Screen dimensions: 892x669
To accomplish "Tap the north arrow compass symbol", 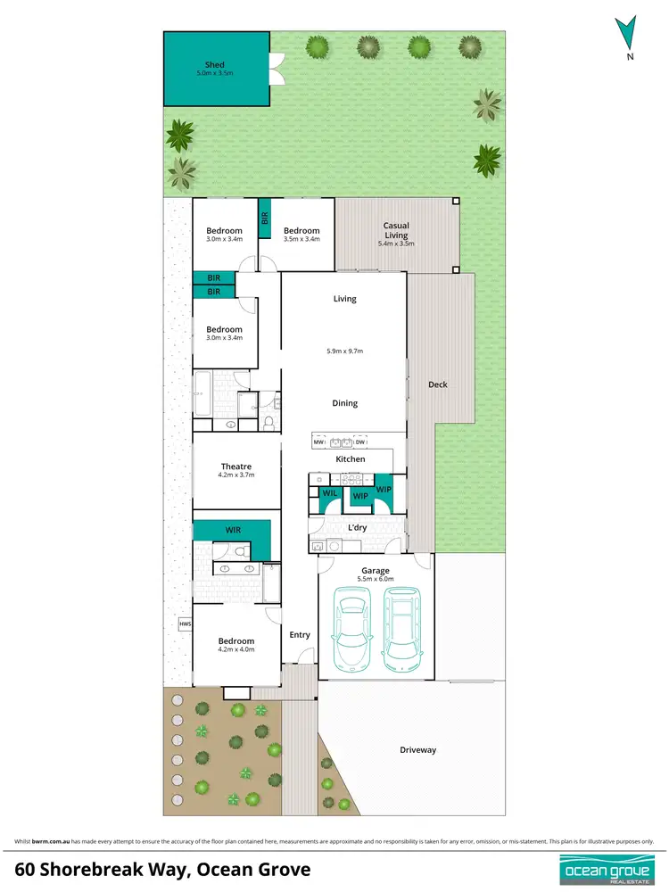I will (x=630, y=34).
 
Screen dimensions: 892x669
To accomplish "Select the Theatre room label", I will (x=236, y=467).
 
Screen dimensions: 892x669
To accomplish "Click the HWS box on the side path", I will (x=186, y=624).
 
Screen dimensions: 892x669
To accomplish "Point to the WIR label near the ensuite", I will (x=233, y=530).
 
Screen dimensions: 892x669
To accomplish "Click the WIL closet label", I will (x=330, y=492).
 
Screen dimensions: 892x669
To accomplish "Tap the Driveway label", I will (x=417, y=750).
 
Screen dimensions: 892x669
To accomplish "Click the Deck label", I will (x=437, y=384).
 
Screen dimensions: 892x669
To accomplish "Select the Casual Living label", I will (x=396, y=230).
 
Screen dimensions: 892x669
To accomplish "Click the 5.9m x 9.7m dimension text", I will (x=345, y=351).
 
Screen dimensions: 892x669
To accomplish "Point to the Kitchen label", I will (x=351, y=459).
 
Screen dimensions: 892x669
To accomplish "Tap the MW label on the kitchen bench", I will (x=318, y=442).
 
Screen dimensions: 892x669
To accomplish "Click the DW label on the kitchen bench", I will (x=360, y=442).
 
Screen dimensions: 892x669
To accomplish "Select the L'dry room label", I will (x=357, y=528).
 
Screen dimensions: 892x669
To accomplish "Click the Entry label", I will (x=300, y=635).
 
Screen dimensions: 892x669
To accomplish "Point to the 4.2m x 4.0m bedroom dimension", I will (x=236, y=649).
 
